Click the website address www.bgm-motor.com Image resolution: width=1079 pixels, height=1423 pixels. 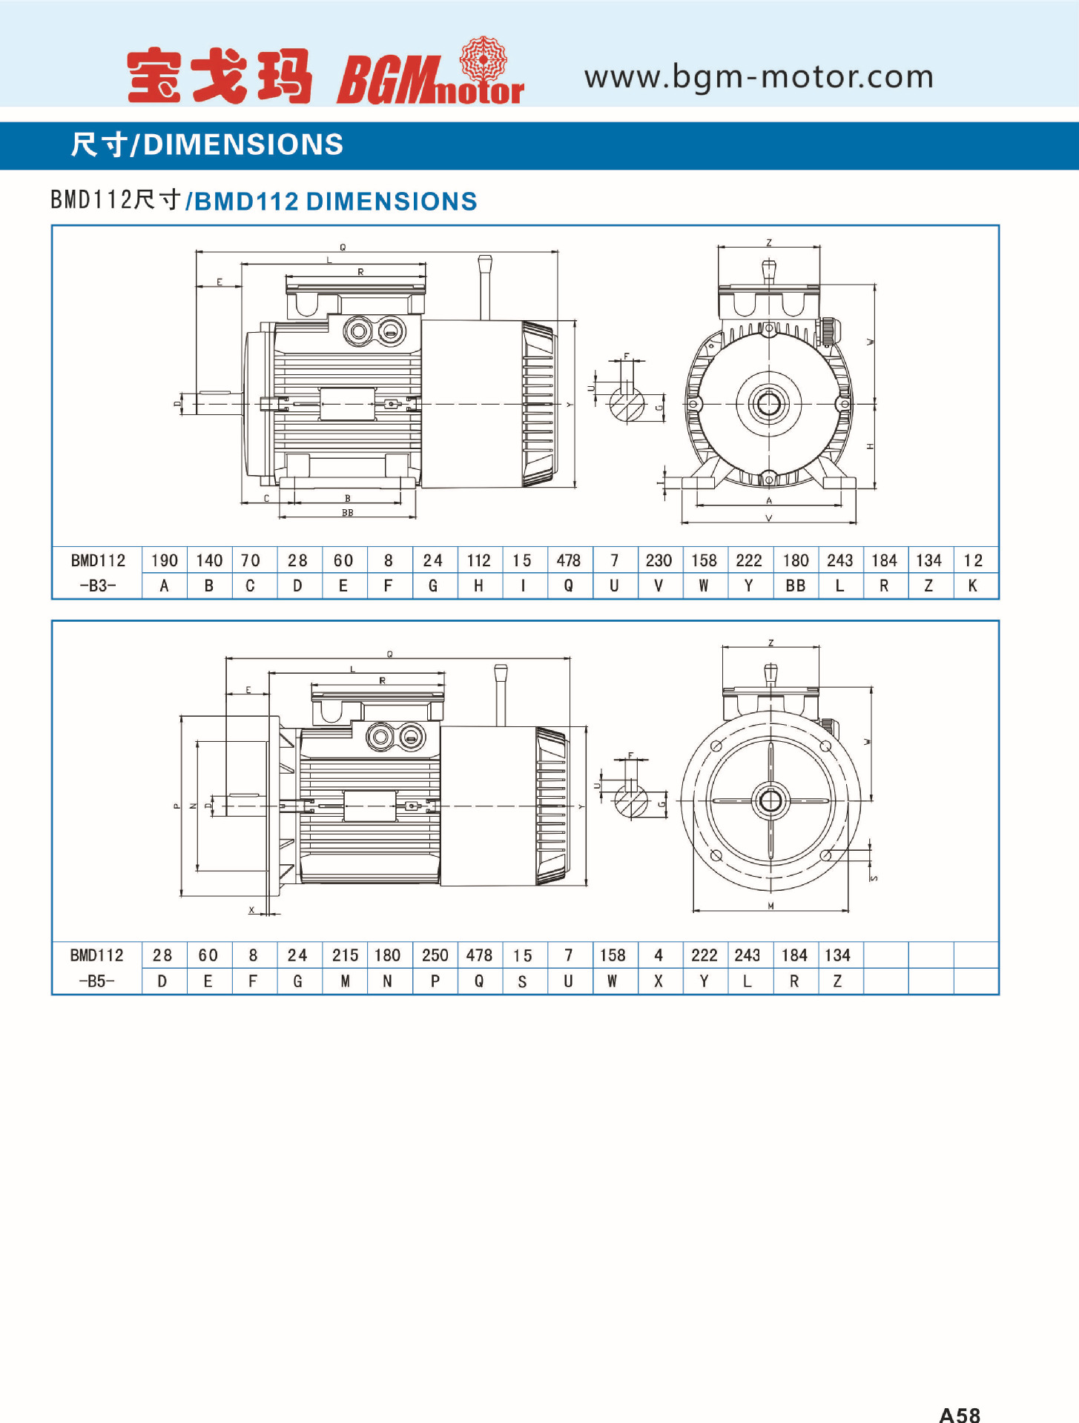tap(758, 77)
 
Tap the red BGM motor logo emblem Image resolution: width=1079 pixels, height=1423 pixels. tap(483, 59)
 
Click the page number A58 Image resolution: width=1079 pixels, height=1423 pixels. tap(960, 1414)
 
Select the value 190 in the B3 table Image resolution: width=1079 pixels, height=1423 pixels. tap(164, 560)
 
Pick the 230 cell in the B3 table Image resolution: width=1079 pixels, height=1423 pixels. tap(659, 560)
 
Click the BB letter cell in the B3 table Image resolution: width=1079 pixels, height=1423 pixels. tap(795, 586)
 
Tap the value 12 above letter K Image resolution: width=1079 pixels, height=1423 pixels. tap(973, 560)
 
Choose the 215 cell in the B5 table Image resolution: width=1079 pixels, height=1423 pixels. tap(345, 955)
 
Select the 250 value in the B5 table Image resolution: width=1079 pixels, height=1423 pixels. tap(435, 955)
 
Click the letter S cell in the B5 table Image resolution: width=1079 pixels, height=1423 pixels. tap(523, 981)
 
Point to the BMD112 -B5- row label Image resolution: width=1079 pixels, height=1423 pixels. tap(97, 968)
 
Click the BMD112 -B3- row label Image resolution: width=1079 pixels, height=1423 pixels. tap(97, 573)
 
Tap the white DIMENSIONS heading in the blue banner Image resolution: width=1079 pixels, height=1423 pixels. tap(243, 145)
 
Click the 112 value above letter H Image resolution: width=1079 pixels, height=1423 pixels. tap(478, 560)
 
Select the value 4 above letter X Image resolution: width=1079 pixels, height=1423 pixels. tap(659, 955)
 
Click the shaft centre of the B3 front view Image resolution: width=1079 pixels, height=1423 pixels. tap(769, 404)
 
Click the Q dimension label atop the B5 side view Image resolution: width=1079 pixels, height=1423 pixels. tap(390, 654)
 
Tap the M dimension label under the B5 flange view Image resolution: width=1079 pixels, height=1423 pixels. tap(771, 906)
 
